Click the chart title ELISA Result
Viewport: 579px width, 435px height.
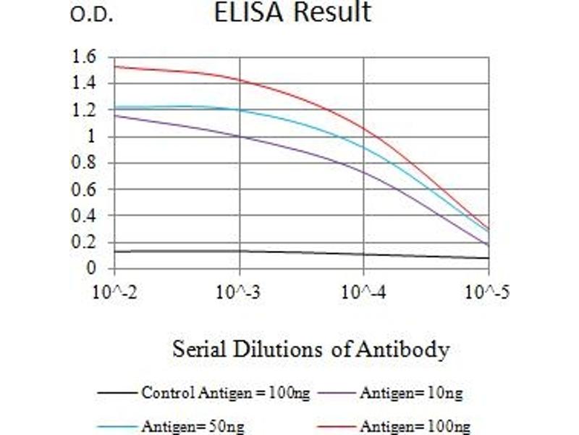292,12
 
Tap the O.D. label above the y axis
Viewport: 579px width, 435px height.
91,15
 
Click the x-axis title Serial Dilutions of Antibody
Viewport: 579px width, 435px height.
310,349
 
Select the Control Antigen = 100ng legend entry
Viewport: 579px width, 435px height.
226,394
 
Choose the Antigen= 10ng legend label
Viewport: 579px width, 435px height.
410,394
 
